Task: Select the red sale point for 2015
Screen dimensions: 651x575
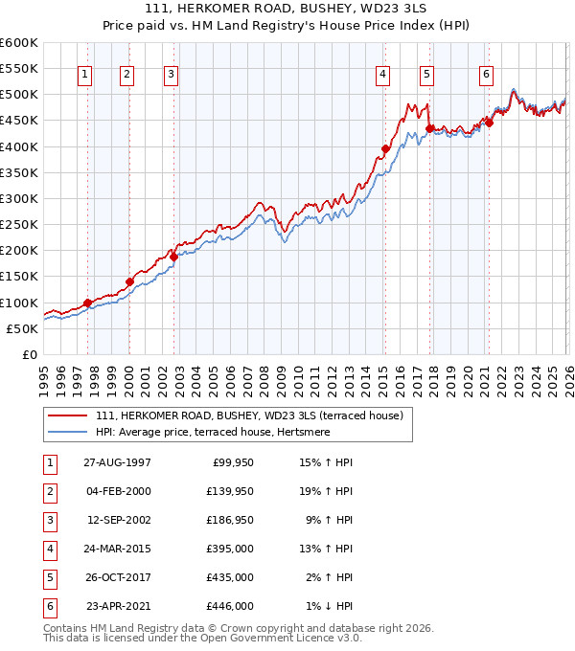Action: coord(385,148)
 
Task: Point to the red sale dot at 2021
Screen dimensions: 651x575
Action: coord(489,123)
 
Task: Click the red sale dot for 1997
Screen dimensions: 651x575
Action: coord(87,303)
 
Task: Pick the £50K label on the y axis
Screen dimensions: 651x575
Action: coord(23,328)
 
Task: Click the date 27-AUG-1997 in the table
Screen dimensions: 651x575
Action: coord(117,461)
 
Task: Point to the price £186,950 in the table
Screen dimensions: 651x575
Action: coord(230,520)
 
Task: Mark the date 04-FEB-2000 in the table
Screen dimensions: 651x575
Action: coord(117,490)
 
